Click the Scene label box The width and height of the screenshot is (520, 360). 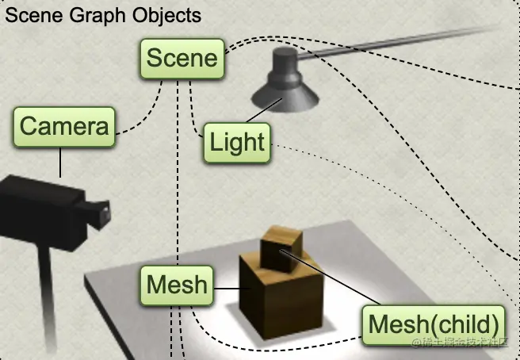click(182, 59)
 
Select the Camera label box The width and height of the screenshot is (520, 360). click(63, 126)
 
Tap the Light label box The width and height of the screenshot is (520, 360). click(236, 143)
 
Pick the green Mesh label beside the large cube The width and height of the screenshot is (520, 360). click(177, 284)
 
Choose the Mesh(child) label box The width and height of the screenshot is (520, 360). click(435, 324)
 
